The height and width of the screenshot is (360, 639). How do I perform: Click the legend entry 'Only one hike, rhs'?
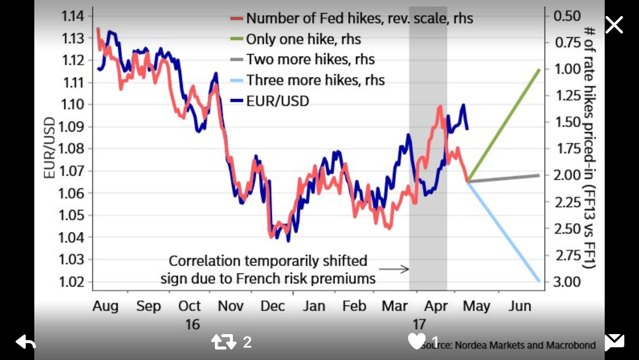(x=303, y=39)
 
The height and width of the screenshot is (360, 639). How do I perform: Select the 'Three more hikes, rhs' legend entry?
(x=315, y=80)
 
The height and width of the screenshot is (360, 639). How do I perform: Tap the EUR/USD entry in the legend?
(x=277, y=101)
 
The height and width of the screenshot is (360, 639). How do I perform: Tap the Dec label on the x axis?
(x=273, y=306)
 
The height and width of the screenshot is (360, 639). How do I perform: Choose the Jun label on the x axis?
(x=520, y=306)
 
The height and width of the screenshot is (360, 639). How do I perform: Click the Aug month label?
(x=105, y=306)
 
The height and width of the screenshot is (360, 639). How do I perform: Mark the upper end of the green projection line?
(x=538, y=70)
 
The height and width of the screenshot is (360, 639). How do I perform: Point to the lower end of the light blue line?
(x=539, y=281)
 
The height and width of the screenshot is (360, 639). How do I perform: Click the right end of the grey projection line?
(x=538, y=175)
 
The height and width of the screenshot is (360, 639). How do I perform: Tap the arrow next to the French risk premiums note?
(x=398, y=269)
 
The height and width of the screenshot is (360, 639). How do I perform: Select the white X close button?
(x=614, y=25)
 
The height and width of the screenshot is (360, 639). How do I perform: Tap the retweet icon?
(x=223, y=341)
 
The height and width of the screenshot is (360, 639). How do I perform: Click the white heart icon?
(x=417, y=341)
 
